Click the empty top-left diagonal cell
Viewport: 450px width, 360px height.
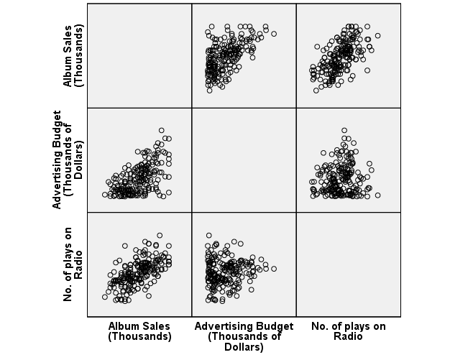point(139,55)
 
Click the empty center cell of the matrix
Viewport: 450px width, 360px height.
point(244,160)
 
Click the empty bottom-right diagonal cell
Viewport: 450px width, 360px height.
point(348,264)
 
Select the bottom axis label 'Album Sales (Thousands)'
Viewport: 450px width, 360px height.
point(139,331)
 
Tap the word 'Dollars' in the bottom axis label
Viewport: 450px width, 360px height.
point(244,347)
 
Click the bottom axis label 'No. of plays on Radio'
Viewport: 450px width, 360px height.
point(348,331)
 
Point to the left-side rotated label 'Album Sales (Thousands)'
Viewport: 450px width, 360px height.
point(73,55)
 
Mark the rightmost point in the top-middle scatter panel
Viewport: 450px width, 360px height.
point(274,34)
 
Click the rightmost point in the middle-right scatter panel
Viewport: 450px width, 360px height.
point(377,195)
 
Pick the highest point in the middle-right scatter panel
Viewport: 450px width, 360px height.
point(344,130)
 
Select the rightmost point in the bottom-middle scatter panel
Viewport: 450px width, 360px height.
point(274,269)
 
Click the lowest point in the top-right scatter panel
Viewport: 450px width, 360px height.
point(316,91)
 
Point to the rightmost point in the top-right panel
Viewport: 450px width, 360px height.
point(378,34)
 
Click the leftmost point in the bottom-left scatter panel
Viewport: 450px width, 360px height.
point(105,297)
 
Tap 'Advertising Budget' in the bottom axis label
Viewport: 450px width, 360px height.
point(244,326)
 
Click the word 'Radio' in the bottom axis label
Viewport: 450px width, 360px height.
point(348,336)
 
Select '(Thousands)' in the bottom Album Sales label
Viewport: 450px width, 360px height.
point(139,336)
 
